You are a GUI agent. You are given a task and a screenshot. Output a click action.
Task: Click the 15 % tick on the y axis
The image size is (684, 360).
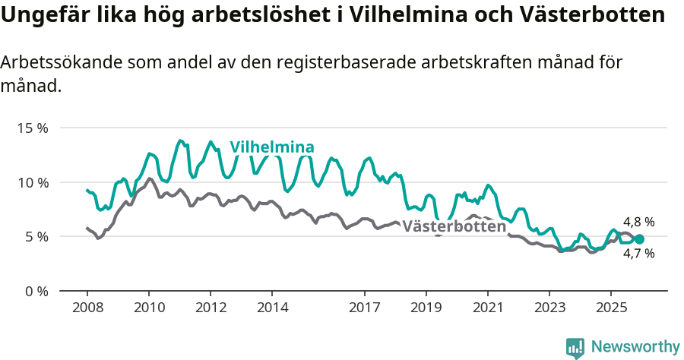tap(33, 128)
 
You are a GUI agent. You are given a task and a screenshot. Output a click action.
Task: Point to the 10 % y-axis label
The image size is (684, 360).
tap(33, 182)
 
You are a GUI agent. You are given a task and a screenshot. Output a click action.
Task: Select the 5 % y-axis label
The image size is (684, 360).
tap(36, 237)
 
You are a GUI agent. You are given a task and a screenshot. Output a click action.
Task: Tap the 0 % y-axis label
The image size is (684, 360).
tap(36, 291)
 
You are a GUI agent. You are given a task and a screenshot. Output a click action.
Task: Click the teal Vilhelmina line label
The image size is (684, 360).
tap(272, 147)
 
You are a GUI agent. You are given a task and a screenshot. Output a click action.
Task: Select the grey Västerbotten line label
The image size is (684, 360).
tap(454, 226)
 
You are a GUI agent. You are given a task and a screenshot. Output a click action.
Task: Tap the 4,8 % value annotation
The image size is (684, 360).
tap(638, 222)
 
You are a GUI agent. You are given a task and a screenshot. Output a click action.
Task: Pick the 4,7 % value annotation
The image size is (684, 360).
tap(638, 254)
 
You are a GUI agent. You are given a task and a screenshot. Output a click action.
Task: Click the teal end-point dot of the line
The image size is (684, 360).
tap(639, 239)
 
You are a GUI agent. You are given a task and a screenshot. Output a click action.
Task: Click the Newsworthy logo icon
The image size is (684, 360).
tap(575, 348)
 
